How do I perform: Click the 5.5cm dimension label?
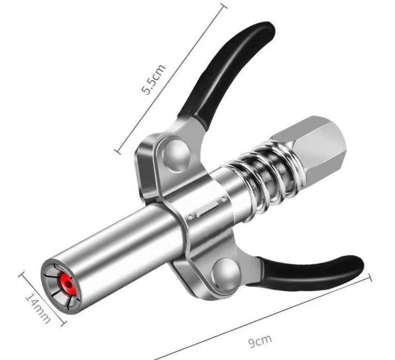tap(153, 79)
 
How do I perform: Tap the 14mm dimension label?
tap(38, 308)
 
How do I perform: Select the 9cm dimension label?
tap(260, 340)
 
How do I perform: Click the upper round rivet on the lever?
tap(176, 155)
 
